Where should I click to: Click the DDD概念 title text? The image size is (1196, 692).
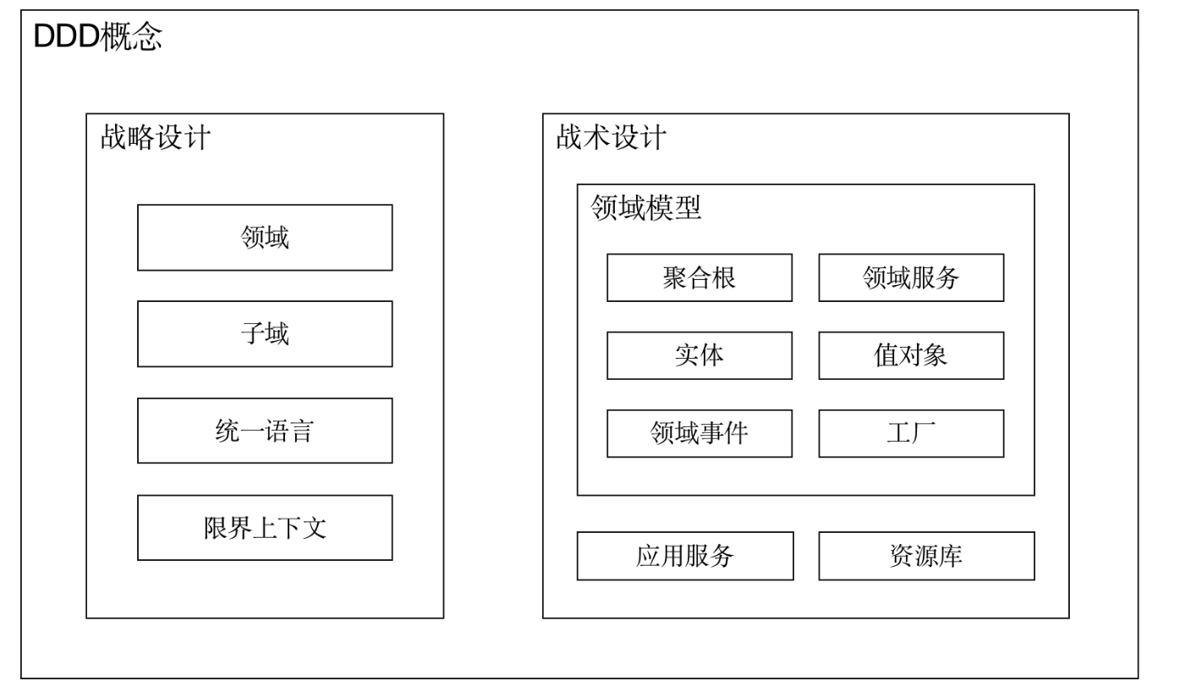98,36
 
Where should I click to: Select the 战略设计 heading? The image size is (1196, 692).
156,137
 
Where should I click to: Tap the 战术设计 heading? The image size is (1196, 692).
611,137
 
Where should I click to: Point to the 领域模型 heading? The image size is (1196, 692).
645,207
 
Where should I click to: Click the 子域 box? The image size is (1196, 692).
265,333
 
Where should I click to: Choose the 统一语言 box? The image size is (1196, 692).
265,431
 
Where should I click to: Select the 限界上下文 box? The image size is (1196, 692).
265,528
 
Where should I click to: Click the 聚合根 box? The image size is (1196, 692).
699,277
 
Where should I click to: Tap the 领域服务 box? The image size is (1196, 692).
912,277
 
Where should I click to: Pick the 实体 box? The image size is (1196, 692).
699,355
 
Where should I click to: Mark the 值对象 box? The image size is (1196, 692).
912,355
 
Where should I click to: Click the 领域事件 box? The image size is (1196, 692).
699,434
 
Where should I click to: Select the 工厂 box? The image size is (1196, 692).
912,434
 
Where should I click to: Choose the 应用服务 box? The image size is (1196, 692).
686,556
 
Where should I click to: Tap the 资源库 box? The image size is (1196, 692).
927,556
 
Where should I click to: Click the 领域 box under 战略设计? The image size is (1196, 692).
265,238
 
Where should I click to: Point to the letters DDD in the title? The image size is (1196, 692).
66,36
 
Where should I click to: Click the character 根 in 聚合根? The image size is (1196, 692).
723,277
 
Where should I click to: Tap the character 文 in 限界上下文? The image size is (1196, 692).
315,528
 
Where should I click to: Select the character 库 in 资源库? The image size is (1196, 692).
951,556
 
